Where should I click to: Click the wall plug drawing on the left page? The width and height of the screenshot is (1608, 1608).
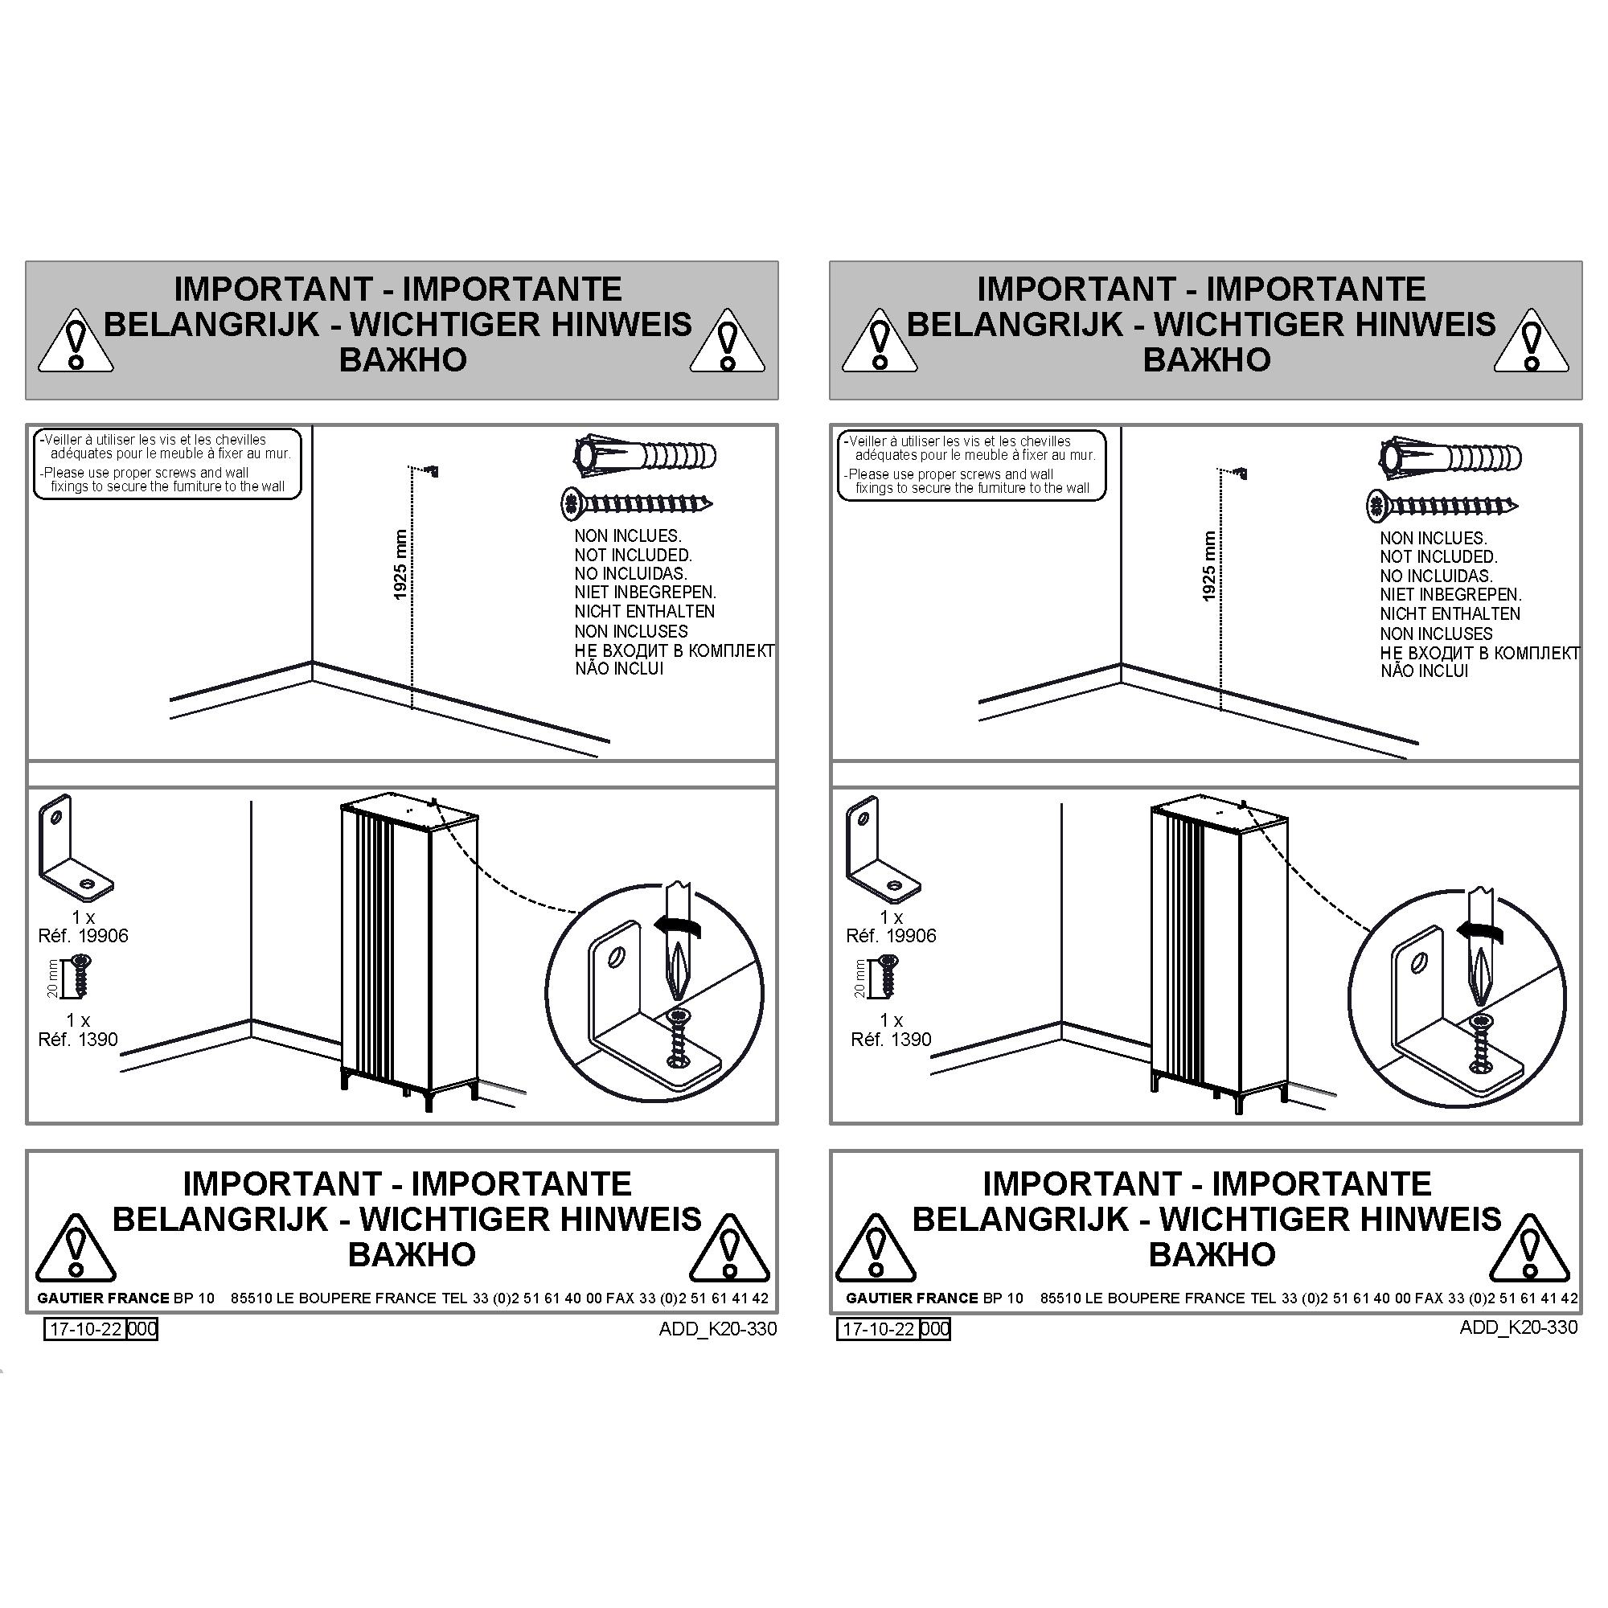pos(645,456)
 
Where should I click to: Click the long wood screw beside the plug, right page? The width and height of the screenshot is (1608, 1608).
pos(1442,505)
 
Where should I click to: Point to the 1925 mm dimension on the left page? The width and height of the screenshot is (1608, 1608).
pos(401,564)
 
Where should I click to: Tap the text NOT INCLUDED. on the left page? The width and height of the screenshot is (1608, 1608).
pos(633,555)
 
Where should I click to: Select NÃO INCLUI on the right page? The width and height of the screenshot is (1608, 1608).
pos(1424,671)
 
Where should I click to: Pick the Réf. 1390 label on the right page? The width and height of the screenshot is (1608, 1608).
pos(891,1040)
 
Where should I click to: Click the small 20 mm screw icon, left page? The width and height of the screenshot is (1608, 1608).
pos(80,975)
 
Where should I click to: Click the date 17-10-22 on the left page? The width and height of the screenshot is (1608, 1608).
pos(86,1328)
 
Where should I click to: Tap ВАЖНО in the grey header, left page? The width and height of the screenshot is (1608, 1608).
pos(403,359)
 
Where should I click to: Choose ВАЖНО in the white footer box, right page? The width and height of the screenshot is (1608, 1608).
pos(1212,1254)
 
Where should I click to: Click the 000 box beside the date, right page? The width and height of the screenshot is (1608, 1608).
pos(936,1329)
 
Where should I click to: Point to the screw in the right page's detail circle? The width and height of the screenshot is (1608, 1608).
pos(1480,1041)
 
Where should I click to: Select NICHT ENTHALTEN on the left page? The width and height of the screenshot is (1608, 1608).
pos(644,612)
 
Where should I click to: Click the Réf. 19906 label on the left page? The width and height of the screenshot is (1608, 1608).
pos(84,937)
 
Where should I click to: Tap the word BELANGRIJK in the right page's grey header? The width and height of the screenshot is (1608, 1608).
pos(1015,324)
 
